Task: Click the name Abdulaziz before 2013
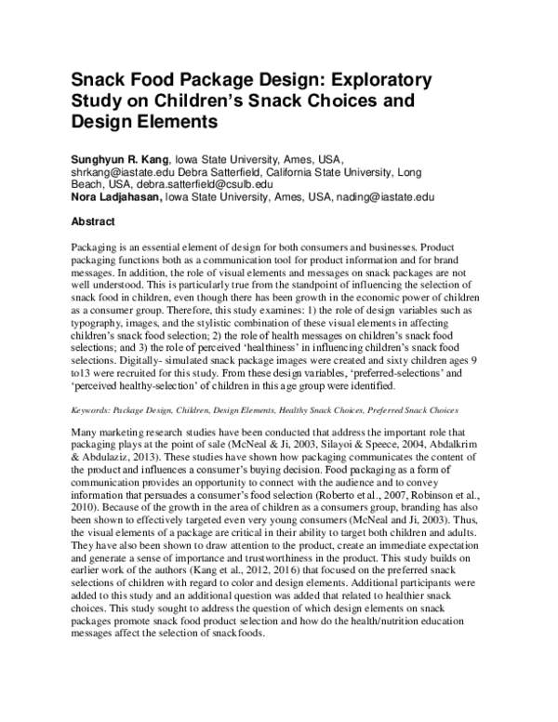(x=111, y=458)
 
